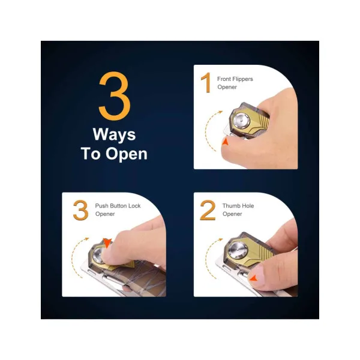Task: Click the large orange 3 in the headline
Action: pos(115,96)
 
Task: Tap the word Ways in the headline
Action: pos(114,135)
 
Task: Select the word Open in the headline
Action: pos(126,154)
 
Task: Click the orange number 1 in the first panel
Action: pos(206,82)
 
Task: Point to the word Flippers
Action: pos(242,79)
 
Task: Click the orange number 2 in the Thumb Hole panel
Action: pos(208,210)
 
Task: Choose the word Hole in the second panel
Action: pos(247,206)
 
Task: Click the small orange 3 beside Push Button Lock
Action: pos(80,210)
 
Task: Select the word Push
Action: pos(101,206)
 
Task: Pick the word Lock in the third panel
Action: pos(134,206)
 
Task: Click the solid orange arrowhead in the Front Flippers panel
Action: pos(226,142)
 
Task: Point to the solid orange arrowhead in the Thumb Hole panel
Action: pos(253,278)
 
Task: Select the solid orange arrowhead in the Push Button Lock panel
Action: pos(107,243)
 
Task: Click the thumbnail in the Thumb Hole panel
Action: pos(257,275)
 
